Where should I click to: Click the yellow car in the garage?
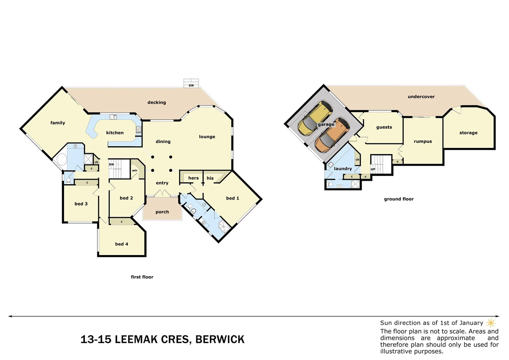(x=314, y=118)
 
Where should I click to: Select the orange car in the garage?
(x=332, y=135)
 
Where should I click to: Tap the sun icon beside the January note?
(x=491, y=323)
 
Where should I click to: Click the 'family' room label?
(x=58, y=123)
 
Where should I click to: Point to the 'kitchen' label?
(x=115, y=133)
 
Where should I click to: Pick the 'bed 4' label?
(x=122, y=244)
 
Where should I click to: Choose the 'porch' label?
(x=162, y=212)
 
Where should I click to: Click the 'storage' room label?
(x=468, y=133)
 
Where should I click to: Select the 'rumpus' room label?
(x=423, y=141)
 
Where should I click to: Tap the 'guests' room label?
(x=384, y=127)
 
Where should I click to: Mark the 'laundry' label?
(x=343, y=169)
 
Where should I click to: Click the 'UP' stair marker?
(x=373, y=169)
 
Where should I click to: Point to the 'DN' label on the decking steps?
(x=191, y=86)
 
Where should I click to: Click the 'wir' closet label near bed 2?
(x=135, y=171)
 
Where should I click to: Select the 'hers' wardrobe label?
(x=193, y=178)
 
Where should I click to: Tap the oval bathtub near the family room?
(x=62, y=159)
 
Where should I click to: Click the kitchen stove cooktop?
(x=139, y=130)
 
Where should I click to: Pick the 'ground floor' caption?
(x=399, y=199)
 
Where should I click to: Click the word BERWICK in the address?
(x=220, y=339)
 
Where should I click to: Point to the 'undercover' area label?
(x=421, y=97)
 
